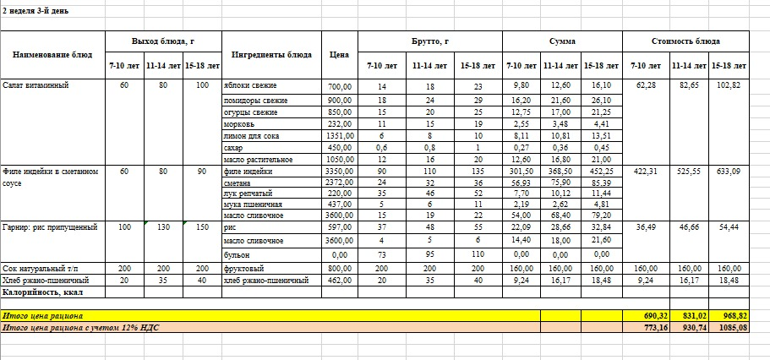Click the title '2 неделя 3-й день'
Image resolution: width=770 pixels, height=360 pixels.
pyautogui.click(x=36, y=11)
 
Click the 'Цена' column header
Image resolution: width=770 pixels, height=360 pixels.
pyautogui.click(x=339, y=54)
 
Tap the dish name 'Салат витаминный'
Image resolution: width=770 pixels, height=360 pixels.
pyautogui.click(x=35, y=86)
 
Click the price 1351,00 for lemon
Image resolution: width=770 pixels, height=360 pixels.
pyautogui.click(x=338, y=134)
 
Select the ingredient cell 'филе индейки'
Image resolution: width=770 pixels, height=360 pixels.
pyautogui.click(x=248, y=172)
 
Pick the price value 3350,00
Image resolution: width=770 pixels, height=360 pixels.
pyautogui.click(x=338, y=172)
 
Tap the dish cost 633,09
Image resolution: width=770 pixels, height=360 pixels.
pyautogui.click(x=729, y=172)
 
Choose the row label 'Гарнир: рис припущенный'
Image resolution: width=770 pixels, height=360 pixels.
pyautogui.click(x=50, y=227)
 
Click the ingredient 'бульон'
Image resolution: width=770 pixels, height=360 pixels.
pyautogui.click(x=236, y=254)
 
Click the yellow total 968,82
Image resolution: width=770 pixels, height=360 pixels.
pyautogui.click(x=729, y=314)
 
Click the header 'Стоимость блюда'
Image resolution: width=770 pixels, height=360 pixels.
pyautogui.click(x=687, y=41)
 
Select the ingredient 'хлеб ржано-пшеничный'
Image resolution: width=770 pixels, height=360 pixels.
pyautogui.click(x=263, y=280)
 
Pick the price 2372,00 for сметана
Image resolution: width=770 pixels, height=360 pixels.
pyautogui.click(x=338, y=182)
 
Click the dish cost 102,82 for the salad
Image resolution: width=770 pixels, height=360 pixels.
pyautogui.click(x=729, y=86)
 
